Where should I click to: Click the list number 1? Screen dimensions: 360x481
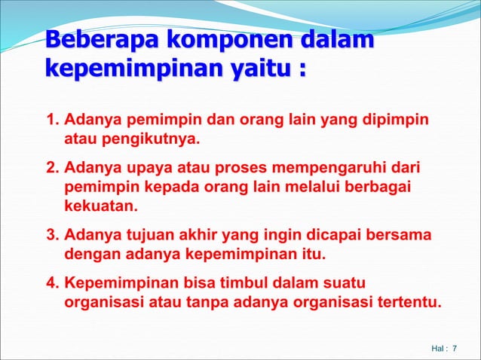pyautogui.click(x=52, y=121)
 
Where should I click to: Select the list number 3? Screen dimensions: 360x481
pyautogui.click(x=52, y=236)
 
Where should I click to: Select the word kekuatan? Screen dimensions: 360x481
pyautogui.click(x=102, y=205)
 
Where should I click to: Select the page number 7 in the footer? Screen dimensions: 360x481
pyautogui.click(x=455, y=349)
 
